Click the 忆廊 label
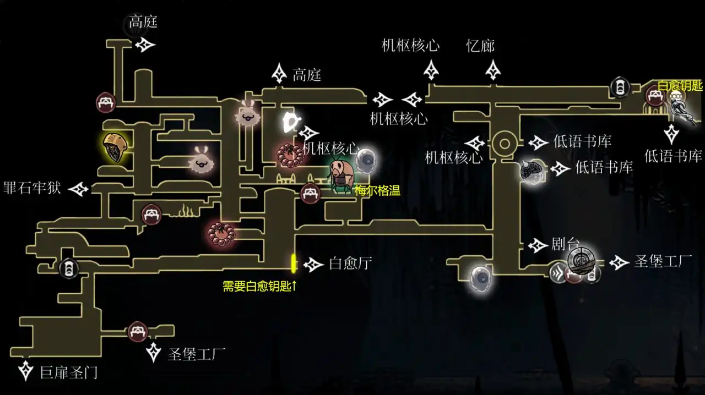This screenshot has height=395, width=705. click(480, 46)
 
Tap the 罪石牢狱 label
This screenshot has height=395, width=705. click(32, 188)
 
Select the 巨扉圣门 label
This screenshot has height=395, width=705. click(69, 372)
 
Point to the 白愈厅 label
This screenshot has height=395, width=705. click(350, 264)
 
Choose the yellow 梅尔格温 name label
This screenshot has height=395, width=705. click(377, 191)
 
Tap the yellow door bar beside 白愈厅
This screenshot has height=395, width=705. click(294, 263)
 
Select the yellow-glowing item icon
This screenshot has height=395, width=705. click(115, 147)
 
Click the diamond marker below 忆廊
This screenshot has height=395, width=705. click(493, 70)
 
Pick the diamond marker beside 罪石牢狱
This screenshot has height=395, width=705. click(79, 189)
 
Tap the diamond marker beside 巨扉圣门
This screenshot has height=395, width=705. click(25, 371)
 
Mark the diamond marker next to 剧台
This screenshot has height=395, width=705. click(538, 245)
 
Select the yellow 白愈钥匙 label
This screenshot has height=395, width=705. click(680, 86)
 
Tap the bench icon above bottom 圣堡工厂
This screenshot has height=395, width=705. click(137, 331)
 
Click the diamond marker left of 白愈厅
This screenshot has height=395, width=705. click(313, 265)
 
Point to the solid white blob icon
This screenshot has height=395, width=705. click(290, 122)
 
